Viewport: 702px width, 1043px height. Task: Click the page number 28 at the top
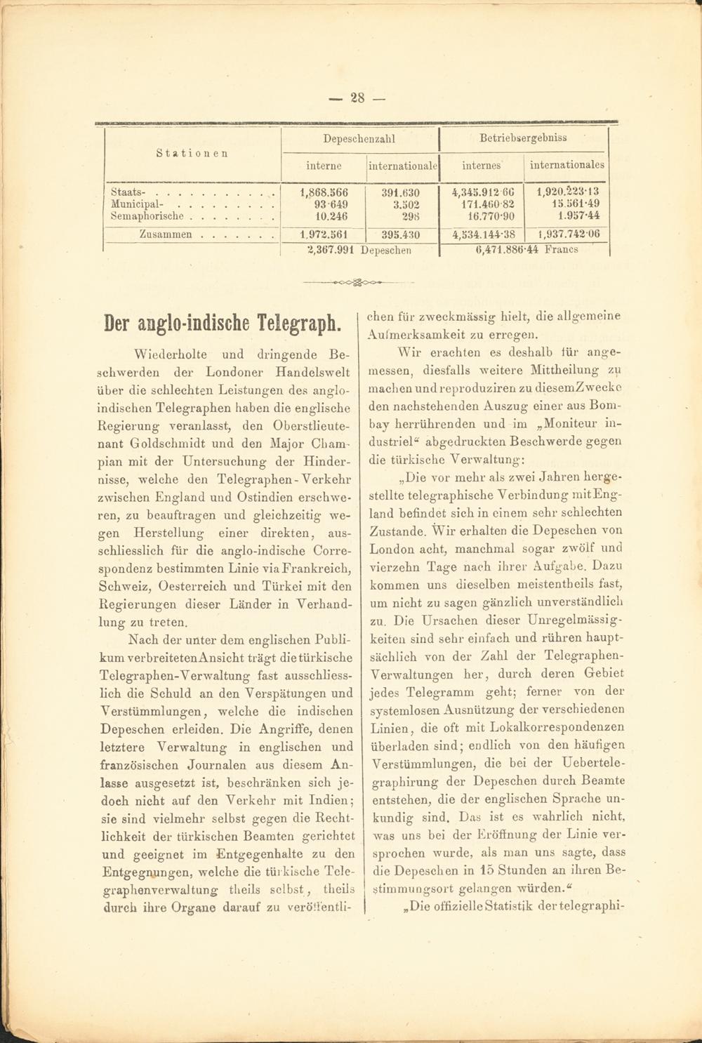point(358,98)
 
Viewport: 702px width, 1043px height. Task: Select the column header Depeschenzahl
point(359,139)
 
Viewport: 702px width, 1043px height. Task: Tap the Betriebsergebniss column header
point(523,138)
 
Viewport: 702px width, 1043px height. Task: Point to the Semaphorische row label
point(147,216)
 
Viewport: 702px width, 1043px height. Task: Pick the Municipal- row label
point(138,204)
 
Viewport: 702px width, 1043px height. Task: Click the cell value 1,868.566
point(324,192)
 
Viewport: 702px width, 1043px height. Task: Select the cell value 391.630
point(400,192)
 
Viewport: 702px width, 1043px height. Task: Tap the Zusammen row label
point(166,235)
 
